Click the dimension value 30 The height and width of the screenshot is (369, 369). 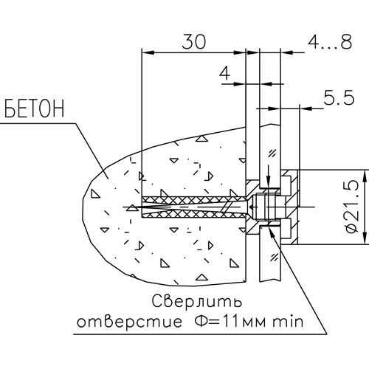pos(193,41)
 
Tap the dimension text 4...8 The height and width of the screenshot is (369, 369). pos(330,41)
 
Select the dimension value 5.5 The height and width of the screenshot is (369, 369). pos(339,97)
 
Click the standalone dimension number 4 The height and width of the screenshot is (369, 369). pos(225,73)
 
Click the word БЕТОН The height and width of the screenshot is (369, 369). pos(34,108)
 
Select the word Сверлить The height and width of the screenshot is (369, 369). pos(196,301)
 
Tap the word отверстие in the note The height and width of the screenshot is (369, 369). pos(129,321)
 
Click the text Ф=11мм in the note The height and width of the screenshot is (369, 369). pos(230,321)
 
